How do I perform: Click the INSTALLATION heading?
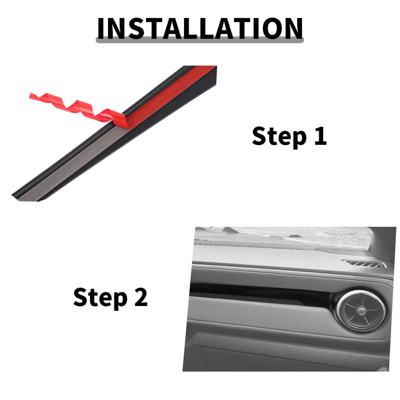200,28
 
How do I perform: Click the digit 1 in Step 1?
320,136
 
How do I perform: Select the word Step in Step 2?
100,298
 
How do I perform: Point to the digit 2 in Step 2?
141,297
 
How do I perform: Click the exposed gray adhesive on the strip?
74,163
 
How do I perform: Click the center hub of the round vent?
361,311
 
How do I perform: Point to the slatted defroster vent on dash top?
364,264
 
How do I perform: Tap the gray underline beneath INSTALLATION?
200,40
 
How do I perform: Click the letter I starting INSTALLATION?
101,28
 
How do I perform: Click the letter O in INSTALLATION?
271,28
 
